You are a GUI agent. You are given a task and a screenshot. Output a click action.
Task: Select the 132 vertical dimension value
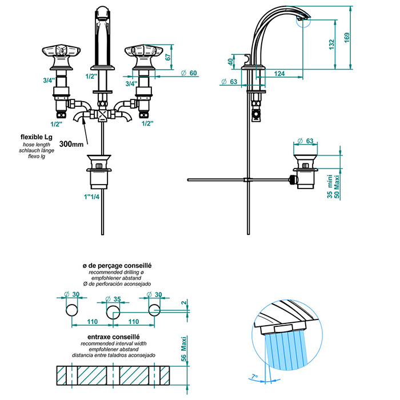(331, 46)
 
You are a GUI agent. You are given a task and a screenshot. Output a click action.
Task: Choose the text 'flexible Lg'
(37, 137)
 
